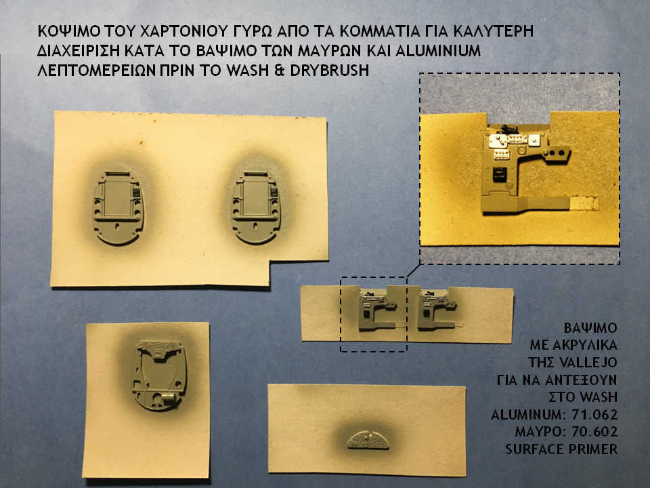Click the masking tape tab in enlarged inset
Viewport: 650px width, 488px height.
(x=583, y=203)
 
